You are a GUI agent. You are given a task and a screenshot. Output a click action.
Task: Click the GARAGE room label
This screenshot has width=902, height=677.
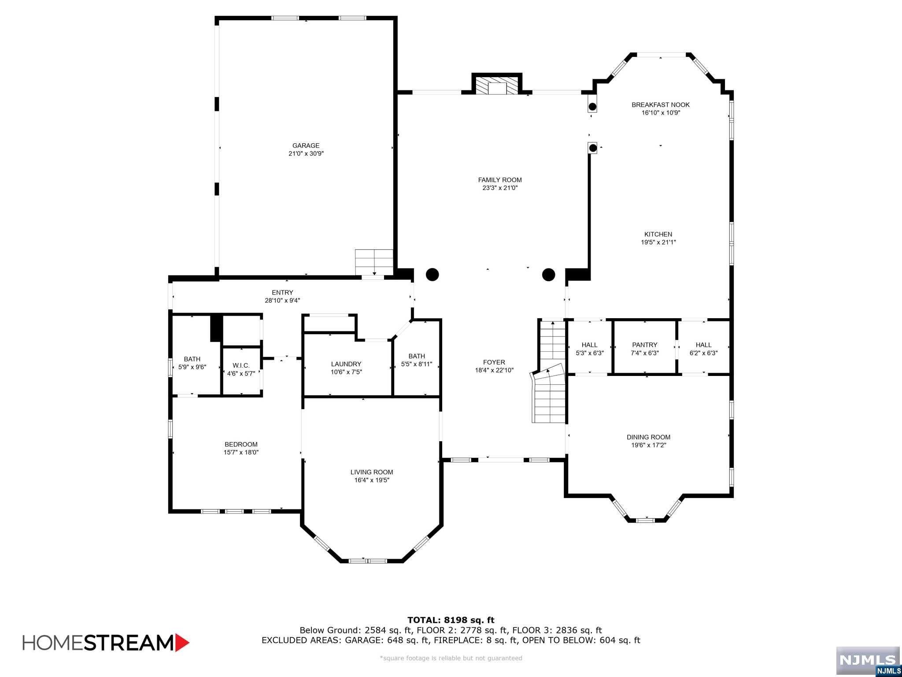[x=306, y=145]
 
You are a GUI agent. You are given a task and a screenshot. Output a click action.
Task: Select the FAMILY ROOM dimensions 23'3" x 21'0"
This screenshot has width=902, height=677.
[x=499, y=188]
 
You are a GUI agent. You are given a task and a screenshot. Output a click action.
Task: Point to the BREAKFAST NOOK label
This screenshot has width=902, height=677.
[x=660, y=105]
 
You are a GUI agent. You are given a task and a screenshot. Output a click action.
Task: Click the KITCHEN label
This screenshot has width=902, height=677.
[x=658, y=234]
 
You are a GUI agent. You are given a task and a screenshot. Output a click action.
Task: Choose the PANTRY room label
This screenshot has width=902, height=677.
[x=644, y=345]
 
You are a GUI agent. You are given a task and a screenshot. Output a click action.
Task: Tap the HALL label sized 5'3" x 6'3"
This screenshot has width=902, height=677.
[x=589, y=345]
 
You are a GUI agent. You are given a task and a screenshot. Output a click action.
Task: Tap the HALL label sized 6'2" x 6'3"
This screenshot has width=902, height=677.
[x=703, y=345]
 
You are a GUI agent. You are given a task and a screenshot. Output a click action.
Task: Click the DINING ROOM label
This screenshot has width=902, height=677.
[x=648, y=437]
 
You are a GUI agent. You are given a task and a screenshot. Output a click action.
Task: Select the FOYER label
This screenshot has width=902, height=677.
[x=494, y=362]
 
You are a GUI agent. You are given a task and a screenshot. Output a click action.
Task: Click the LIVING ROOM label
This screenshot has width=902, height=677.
[x=372, y=472]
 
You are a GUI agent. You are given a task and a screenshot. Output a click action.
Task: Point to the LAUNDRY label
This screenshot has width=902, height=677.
[x=346, y=364]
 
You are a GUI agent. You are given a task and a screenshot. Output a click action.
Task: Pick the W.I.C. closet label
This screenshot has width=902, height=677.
[x=241, y=365]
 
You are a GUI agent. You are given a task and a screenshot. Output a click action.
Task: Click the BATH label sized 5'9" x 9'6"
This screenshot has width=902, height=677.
[x=192, y=359]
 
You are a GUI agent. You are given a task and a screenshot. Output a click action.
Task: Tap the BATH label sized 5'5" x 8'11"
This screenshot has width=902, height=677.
[x=416, y=356]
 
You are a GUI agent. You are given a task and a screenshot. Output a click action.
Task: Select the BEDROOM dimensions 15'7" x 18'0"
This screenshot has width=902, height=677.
[x=241, y=452]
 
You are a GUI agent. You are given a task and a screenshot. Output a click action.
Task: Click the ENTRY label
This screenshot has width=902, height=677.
[x=282, y=293]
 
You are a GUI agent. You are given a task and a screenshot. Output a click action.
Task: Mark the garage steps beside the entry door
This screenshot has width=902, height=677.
[x=374, y=262]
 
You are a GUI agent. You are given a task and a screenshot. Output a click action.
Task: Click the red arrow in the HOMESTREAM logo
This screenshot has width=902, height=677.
[x=182, y=643]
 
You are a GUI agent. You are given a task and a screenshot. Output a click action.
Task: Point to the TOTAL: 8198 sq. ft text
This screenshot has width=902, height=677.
[x=451, y=620]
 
